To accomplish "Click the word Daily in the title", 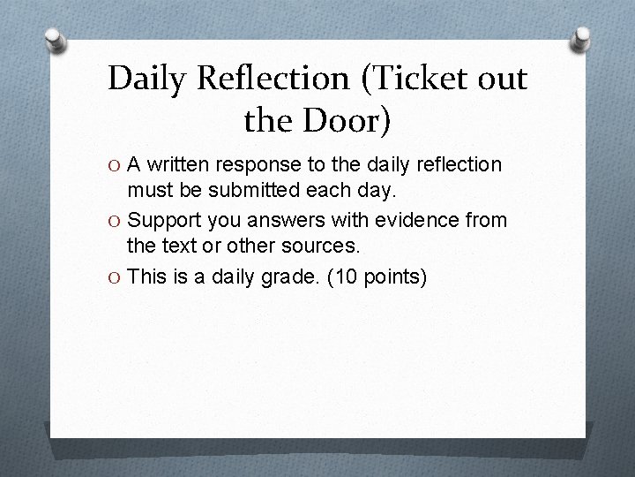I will coord(147,79).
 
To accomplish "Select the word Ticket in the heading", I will coord(411,79).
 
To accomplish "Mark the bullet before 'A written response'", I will coord(115,165).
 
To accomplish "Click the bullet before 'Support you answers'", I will coord(115,218).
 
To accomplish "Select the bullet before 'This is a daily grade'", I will coord(115,278).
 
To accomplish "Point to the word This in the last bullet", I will coord(146,277).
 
